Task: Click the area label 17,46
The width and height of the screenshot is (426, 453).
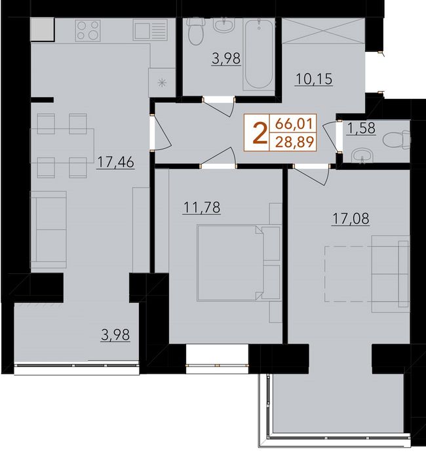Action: click(115, 162)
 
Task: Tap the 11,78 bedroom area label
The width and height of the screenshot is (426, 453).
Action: click(202, 207)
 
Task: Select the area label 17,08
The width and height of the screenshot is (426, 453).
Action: click(351, 218)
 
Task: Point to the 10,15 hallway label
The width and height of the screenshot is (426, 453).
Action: click(314, 79)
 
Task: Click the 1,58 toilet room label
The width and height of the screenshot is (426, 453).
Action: click(362, 128)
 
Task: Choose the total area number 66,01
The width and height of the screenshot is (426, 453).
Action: click(294, 124)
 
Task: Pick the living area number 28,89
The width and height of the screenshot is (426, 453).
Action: click(294, 142)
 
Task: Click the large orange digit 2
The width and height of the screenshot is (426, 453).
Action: click(259, 133)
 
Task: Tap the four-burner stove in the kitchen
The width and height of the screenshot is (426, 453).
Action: click(88, 30)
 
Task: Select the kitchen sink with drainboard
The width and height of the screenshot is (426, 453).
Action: click(150, 30)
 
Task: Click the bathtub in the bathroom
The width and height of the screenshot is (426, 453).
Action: click(258, 54)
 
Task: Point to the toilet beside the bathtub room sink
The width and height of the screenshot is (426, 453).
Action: click(196, 31)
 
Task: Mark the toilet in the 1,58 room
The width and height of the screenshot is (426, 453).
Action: click(397, 140)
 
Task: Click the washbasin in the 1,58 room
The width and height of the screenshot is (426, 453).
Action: click(362, 156)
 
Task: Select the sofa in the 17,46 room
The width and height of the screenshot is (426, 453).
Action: click(48, 229)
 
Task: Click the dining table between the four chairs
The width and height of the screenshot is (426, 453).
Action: click(62, 146)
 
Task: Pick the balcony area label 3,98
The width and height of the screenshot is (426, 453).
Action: click(115, 335)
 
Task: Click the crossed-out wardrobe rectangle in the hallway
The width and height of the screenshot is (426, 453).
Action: click(323, 31)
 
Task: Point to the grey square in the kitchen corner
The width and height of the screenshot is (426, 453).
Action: click(42, 29)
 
